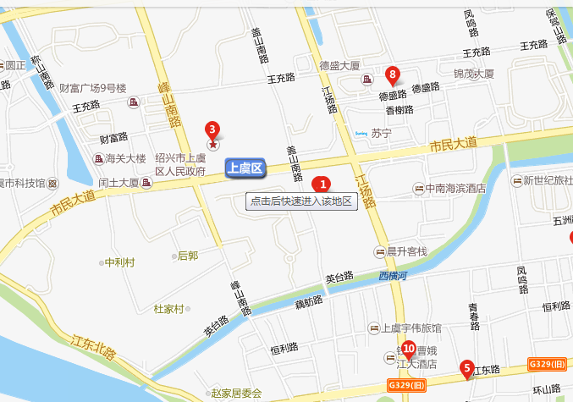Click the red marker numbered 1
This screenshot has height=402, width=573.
pos(321,183)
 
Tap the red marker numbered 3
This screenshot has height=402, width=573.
pos(212,129)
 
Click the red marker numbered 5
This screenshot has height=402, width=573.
pos(466,367)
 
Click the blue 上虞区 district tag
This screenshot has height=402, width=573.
pos(245,168)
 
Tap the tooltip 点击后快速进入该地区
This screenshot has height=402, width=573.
pos(300,201)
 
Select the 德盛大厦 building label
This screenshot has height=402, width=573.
pos(339,64)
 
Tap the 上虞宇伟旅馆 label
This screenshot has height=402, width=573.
pos(410,328)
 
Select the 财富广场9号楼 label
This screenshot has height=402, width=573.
pos(93,88)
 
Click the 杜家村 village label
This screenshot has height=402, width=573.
pos(168,309)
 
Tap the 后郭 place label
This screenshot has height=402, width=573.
pos(187,255)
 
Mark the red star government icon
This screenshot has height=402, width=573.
pos(212,146)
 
